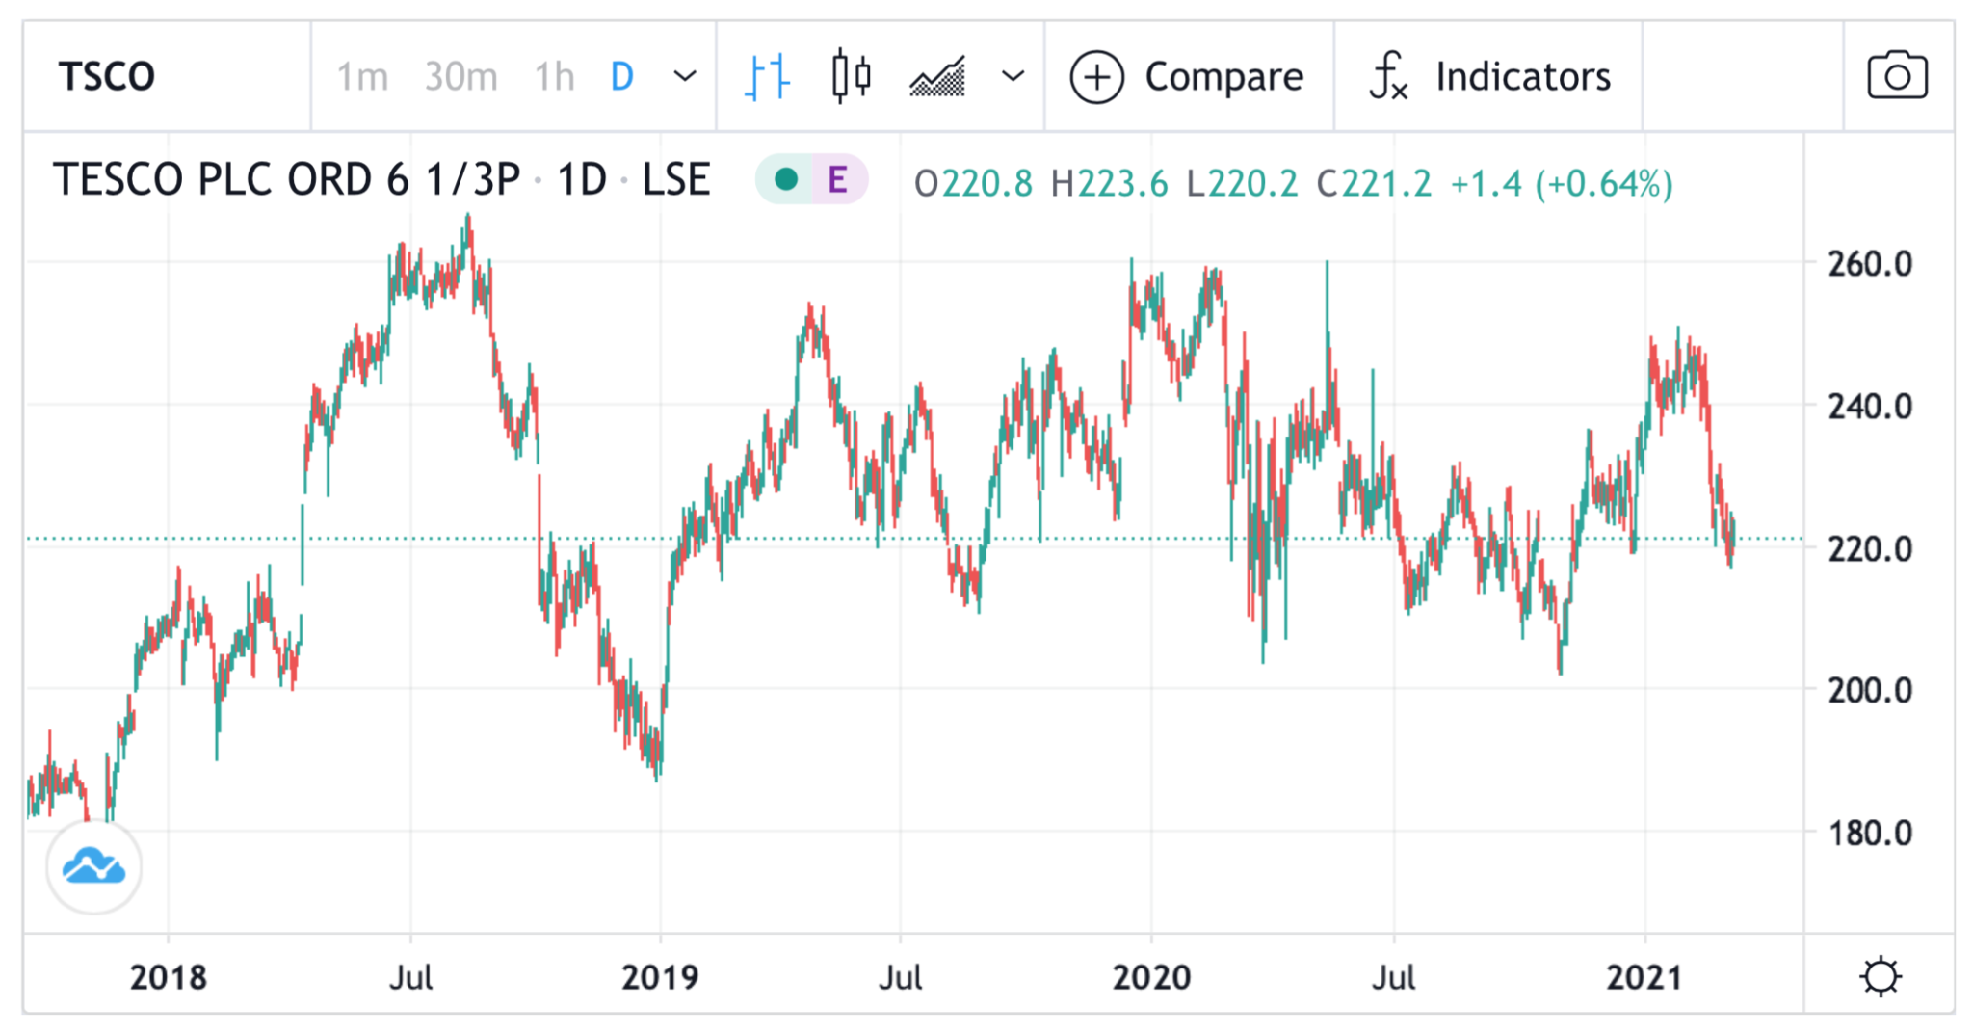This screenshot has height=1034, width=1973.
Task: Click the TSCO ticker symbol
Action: [x=106, y=77]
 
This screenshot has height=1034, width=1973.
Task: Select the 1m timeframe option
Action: [x=362, y=77]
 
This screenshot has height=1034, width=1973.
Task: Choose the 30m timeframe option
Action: [x=460, y=77]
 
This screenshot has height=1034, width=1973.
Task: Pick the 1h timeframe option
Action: [x=554, y=77]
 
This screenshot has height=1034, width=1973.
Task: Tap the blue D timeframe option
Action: [x=622, y=77]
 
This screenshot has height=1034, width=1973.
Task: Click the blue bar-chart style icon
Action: [x=767, y=77]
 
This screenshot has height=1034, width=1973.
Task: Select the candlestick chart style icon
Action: [x=852, y=76]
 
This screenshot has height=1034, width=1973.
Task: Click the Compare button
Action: [x=1187, y=77]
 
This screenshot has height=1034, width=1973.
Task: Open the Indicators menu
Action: [x=1489, y=77]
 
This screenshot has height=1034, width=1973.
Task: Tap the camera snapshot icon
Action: [x=1897, y=76]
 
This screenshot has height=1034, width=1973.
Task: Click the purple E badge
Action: [x=837, y=180]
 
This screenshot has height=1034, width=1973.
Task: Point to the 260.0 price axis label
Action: [x=1870, y=264]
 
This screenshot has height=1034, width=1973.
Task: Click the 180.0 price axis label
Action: [x=1870, y=834]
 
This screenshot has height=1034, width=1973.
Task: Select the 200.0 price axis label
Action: [x=1870, y=691]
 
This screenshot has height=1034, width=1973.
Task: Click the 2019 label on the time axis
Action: [x=660, y=978]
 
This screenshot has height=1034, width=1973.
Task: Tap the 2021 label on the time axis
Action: [x=1644, y=978]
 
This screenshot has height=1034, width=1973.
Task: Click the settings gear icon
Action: [x=1881, y=977]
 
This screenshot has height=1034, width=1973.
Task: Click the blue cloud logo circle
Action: [x=93, y=867]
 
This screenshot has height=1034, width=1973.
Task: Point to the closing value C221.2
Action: [x=1374, y=183]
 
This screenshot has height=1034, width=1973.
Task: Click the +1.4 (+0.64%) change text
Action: [x=1561, y=183]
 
